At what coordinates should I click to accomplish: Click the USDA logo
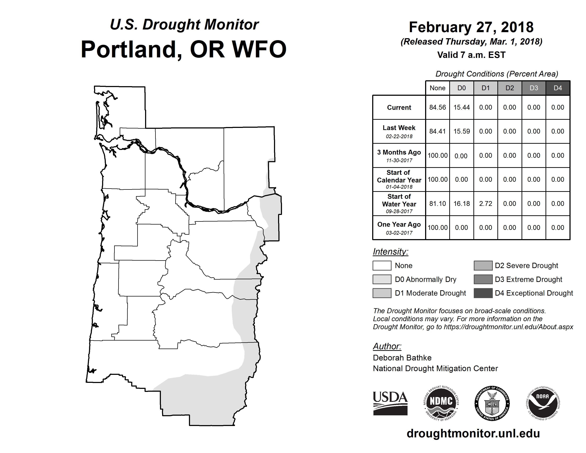[390, 403]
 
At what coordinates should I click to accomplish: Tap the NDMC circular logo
[441, 403]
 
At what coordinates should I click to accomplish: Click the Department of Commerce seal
[492, 403]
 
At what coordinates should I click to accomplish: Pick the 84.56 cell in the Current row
[437, 107]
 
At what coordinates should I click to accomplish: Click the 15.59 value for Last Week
[462, 131]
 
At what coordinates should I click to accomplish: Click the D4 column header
[558, 88]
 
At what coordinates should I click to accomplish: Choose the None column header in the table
[437, 88]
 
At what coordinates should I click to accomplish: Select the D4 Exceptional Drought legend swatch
[483, 293]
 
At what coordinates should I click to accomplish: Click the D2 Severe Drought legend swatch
[483, 265]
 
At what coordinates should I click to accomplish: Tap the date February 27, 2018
[471, 27]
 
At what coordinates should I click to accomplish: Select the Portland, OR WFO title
[184, 49]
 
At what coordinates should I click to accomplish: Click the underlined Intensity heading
[390, 252]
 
